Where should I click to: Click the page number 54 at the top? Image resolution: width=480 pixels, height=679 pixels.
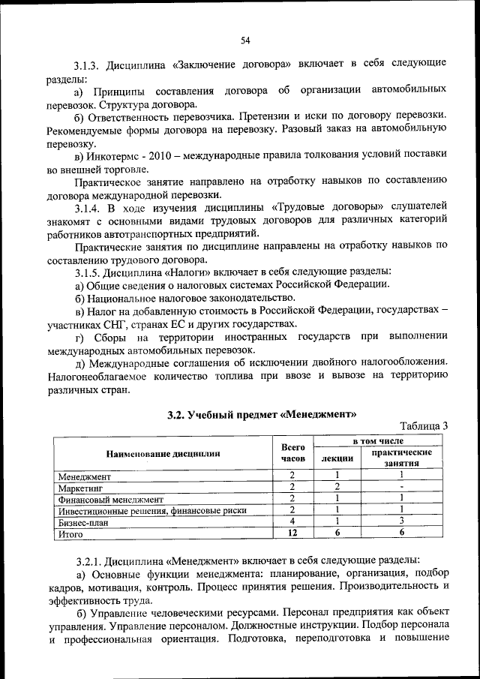[244, 41]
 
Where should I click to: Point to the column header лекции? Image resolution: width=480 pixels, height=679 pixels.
[337, 458]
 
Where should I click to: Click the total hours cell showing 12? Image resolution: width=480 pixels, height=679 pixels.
[293, 534]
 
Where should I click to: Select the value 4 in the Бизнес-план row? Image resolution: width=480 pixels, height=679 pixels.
[293, 522]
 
